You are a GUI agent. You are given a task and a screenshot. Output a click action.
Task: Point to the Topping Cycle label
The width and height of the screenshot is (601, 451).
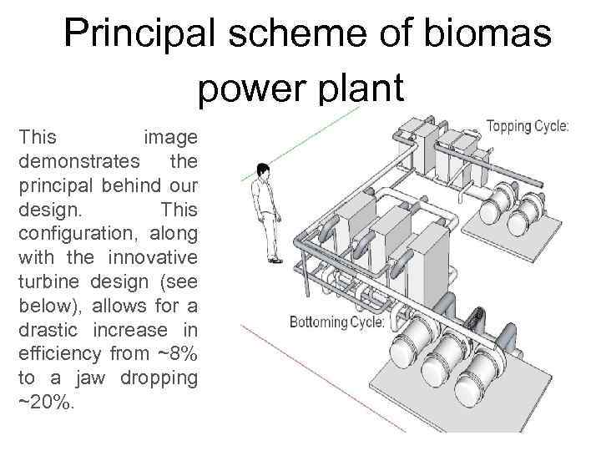point(528,127)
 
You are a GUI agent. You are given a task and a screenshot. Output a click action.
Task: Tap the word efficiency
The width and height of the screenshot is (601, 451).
point(60,353)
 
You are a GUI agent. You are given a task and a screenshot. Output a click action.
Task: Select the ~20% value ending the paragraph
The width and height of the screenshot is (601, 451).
point(46,403)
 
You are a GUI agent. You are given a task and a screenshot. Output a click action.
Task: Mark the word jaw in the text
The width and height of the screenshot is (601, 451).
point(89,378)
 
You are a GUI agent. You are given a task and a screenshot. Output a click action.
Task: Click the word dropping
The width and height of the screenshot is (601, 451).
point(159,378)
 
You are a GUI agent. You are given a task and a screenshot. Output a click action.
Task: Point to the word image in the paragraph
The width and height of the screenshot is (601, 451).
point(170,135)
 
